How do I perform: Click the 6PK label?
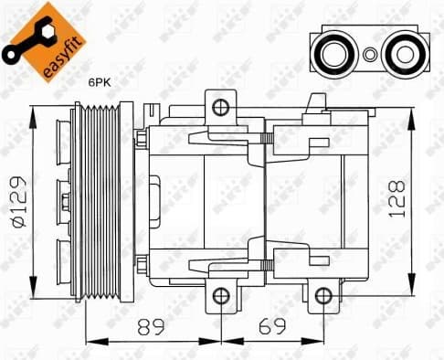(99, 82)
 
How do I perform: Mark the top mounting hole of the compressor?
(219, 108)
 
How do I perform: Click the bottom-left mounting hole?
(219, 295)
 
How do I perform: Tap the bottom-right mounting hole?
(322, 295)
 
